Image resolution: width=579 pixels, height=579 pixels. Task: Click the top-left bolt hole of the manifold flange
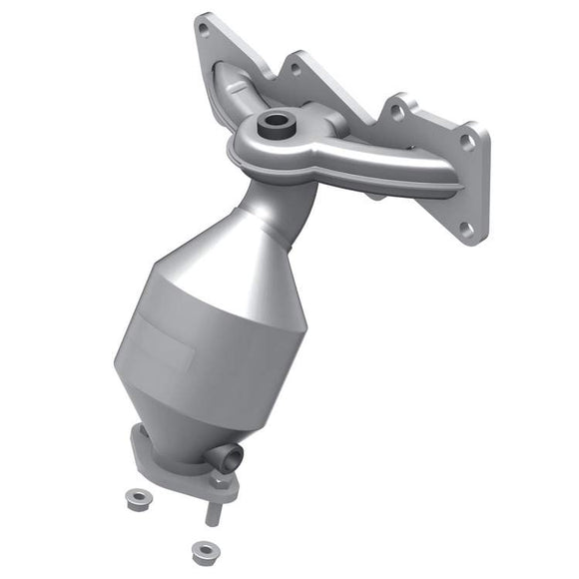point(205,30)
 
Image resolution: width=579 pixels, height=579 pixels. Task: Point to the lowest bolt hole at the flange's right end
point(465,230)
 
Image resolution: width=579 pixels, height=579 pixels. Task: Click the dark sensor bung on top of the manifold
point(273,126)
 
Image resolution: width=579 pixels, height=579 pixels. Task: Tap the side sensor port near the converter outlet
point(229,457)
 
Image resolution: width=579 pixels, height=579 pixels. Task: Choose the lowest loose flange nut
point(205,550)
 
